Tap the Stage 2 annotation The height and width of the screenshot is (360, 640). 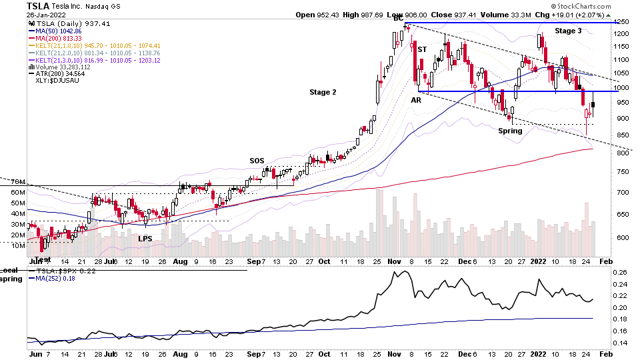(323, 92)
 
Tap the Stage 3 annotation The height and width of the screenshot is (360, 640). (569, 31)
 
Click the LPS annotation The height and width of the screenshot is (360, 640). (145, 238)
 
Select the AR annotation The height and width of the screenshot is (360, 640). (415, 99)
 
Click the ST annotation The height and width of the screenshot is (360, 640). (421, 49)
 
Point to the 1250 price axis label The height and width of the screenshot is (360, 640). (621, 22)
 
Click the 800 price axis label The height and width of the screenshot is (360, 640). (621, 153)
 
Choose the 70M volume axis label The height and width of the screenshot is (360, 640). (18, 181)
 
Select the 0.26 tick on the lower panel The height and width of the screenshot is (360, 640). (620, 272)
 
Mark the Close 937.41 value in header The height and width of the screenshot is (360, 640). (465, 15)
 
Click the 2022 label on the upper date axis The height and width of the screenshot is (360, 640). (539, 261)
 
